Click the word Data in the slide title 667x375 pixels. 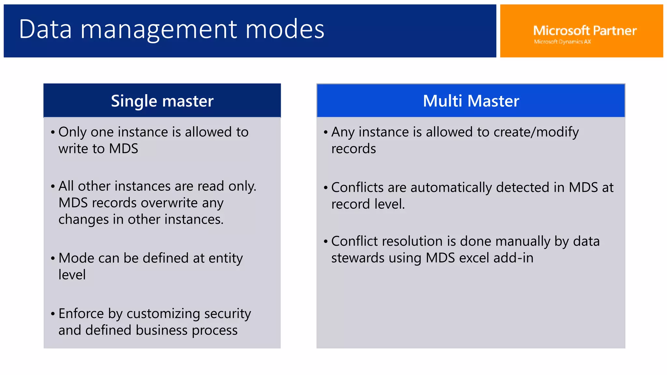(45, 29)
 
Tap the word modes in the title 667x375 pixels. (285, 29)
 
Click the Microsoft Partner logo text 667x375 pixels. (585, 31)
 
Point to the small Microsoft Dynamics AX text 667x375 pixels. (562, 42)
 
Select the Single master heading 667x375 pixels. (162, 101)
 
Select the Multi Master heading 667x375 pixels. (471, 101)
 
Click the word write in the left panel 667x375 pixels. (73, 149)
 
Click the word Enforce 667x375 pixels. (81, 313)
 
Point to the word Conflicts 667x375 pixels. (357, 187)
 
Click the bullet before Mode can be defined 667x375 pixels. (53, 258)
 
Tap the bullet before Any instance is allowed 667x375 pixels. (325, 132)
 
